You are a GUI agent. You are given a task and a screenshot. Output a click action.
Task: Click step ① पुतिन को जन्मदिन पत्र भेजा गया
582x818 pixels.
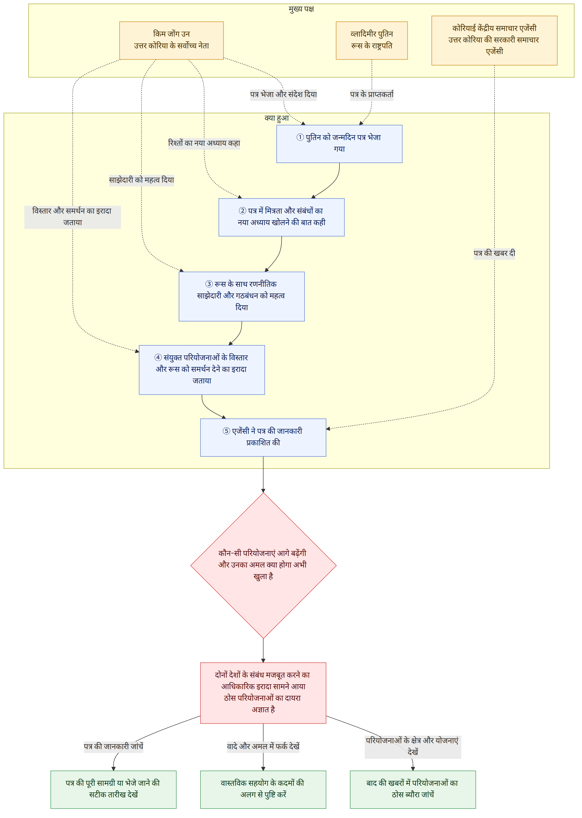(x=339, y=144)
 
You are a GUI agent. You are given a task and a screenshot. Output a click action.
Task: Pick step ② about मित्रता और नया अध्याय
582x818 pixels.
(x=281, y=217)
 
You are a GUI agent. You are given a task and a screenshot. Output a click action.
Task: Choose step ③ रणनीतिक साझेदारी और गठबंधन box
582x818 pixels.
(x=242, y=296)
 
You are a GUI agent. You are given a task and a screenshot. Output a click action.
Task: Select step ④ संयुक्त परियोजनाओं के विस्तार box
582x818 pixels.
(x=202, y=370)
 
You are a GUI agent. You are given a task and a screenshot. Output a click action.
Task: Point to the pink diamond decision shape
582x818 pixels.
(x=263, y=565)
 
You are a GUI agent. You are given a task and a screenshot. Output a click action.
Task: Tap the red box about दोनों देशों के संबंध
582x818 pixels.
(x=263, y=693)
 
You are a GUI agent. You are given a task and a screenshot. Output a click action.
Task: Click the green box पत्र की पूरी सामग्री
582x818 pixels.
(x=113, y=789)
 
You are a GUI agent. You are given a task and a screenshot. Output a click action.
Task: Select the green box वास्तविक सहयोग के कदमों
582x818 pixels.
(x=263, y=789)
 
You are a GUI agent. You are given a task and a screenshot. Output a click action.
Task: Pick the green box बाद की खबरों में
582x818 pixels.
(x=413, y=789)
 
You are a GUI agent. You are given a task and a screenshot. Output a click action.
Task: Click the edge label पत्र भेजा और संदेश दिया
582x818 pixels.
(x=283, y=95)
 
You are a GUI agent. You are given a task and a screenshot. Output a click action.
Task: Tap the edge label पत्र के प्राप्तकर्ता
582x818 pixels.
(x=372, y=95)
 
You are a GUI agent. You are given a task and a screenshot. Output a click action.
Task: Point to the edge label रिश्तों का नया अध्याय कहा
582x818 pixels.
(x=204, y=143)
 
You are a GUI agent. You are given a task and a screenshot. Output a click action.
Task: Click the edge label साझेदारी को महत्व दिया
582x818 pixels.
(x=141, y=180)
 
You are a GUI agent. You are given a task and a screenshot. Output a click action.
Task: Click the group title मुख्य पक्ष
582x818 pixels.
(x=301, y=9)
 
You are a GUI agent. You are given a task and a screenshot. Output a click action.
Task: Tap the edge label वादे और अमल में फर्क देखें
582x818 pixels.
(x=263, y=746)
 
